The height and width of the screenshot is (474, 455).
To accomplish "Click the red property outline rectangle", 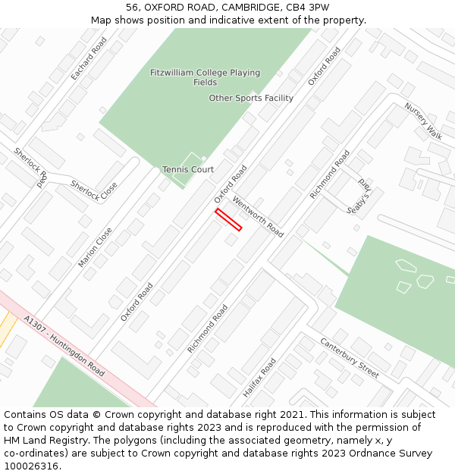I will click(x=228, y=219).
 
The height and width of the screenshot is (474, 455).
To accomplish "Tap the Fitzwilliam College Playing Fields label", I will click(x=205, y=77).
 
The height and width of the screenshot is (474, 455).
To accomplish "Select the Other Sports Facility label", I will click(x=251, y=98).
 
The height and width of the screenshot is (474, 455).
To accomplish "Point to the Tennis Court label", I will click(x=188, y=169).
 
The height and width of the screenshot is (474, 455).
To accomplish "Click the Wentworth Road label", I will click(x=258, y=217).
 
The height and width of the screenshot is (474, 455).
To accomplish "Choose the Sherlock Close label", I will click(x=94, y=190).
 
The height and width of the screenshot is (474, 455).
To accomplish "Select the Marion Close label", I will click(x=95, y=247).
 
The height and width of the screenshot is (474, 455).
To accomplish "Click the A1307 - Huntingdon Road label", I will click(x=64, y=346).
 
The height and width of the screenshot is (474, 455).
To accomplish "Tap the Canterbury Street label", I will click(x=350, y=358).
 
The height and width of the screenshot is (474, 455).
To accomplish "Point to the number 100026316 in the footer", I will click(x=31, y=466).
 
